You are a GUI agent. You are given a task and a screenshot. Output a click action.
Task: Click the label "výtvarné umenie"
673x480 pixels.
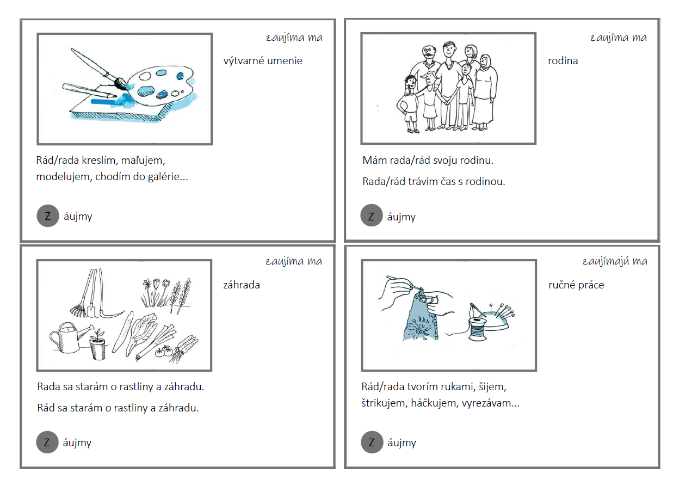point(263,61)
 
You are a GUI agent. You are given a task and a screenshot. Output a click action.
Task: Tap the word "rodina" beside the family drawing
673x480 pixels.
point(563,61)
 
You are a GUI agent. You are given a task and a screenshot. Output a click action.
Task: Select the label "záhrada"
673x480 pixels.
point(241,285)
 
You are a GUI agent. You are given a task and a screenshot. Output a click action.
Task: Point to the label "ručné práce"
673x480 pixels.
point(576,285)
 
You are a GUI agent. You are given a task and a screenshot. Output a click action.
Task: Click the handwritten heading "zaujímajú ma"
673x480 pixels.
point(615,261)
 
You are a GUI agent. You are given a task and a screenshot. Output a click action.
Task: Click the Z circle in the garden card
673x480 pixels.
point(47,442)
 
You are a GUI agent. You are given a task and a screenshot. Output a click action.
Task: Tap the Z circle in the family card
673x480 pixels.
point(372,216)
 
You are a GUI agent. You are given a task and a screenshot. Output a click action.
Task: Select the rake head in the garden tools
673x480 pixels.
point(78,311)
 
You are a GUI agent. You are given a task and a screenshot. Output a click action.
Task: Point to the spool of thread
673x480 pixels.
point(477,329)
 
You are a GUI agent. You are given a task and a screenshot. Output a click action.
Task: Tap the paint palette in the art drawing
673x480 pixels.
point(160,85)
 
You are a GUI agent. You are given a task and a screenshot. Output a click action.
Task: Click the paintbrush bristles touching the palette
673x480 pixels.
point(121,84)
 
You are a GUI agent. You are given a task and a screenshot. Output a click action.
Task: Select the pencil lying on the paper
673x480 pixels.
point(89,91)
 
